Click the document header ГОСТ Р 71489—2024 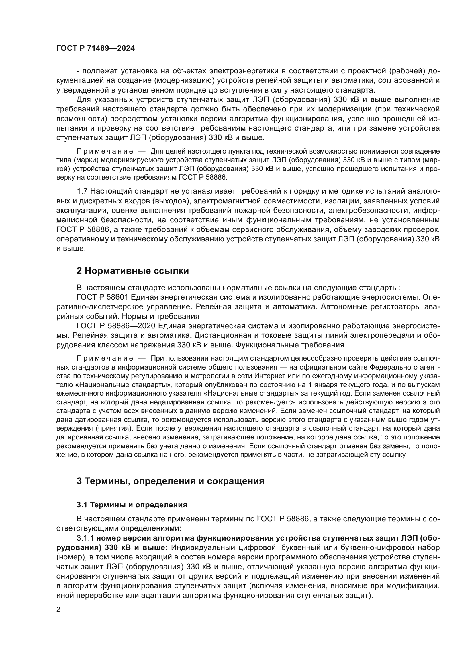95,48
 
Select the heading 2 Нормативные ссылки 132,271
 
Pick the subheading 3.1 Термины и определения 132,505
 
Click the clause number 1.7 82,191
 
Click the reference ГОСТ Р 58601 102,297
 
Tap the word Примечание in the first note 105,152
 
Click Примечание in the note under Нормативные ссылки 105,358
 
